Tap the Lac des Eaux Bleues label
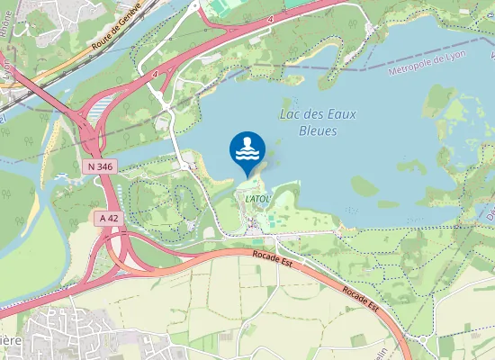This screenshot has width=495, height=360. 317,121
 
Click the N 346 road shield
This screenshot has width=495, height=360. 100,167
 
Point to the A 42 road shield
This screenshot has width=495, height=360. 109,218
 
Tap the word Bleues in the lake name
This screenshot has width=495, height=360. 317,130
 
